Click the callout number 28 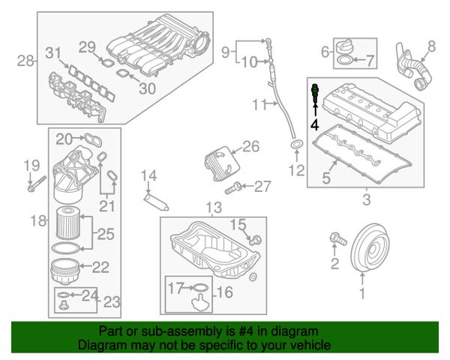(x=25, y=61)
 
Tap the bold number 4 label (x=315, y=124)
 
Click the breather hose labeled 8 (x=413, y=70)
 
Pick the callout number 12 (x=297, y=170)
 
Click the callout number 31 (x=52, y=52)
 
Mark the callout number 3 (x=365, y=199)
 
